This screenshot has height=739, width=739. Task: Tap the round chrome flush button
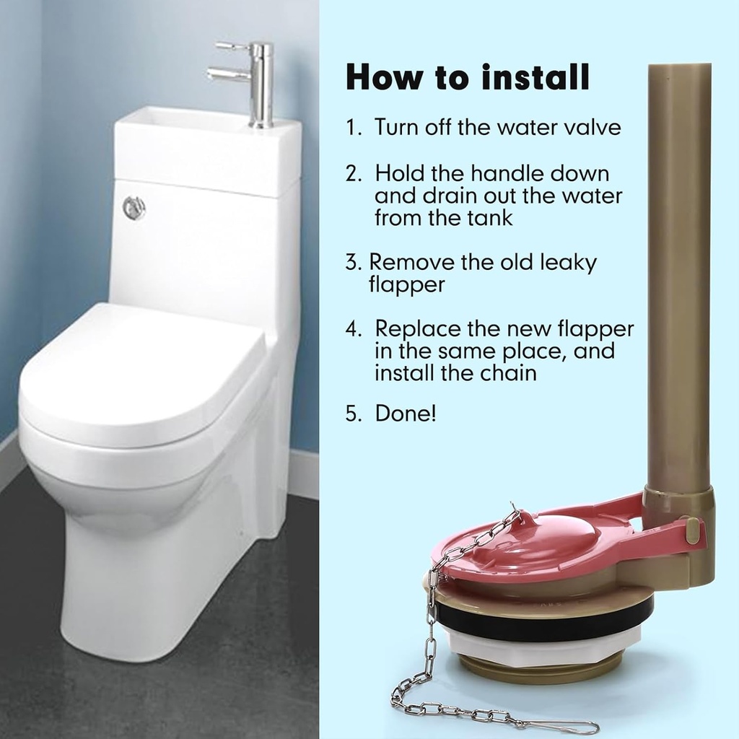(x=134, y=208)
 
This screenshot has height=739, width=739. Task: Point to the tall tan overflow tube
(x=678, y=274)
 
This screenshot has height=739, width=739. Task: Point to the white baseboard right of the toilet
(x=304, y=473)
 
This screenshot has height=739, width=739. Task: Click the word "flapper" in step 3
(x=406, y=284)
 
